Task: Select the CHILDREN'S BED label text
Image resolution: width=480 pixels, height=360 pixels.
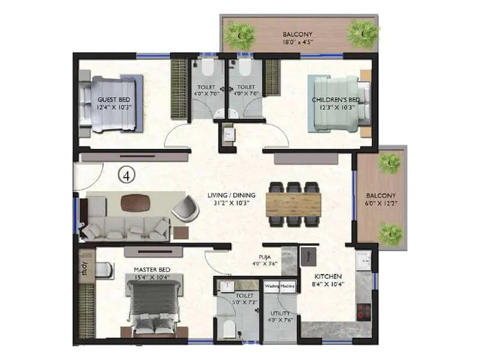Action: pyautogui.click(x=336, y=99)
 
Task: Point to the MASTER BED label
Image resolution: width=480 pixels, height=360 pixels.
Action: pyautogui.click(x=151, y=269)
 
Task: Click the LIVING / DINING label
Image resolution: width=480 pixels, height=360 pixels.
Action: pyautogui.click(x=232, y=195)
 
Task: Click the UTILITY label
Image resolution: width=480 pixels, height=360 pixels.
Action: pyautogui.click(x=280, y=313)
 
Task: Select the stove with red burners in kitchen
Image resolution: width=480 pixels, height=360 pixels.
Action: pyautogui.click(x=363, y=311)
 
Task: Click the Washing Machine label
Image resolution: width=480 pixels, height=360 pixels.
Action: pyautogui.click(x=280, y=286)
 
